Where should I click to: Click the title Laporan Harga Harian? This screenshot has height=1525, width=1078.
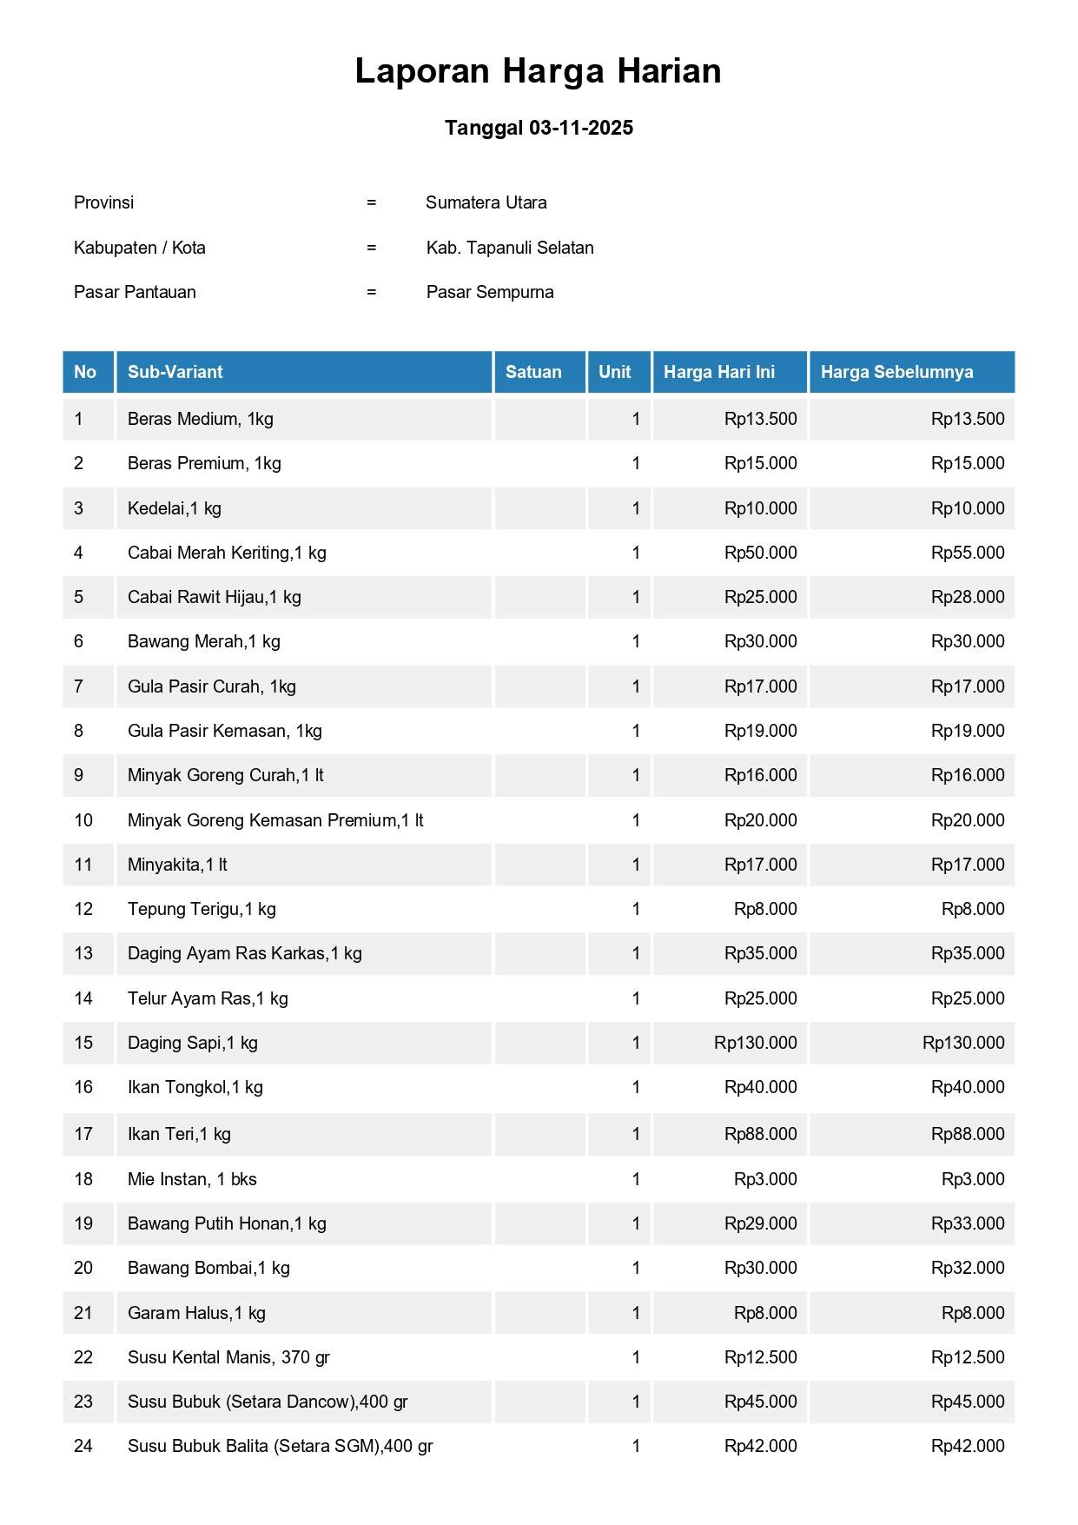pyautogui.click(x=538, y=71)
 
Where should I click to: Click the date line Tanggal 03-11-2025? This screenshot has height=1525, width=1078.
pyautogui.click(x=539, y=128)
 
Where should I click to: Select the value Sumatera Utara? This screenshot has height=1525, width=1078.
pyautogui.click(x=486, y=202)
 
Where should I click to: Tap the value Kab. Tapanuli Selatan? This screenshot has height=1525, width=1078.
pyautogui.click(x=510, y=248)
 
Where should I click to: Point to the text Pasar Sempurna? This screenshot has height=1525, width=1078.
pyautogui.click(x=490, y=292)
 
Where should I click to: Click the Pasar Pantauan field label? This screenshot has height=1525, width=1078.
pyautogui.click(x=135, y=292)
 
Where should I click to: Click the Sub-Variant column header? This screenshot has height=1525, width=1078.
pyautogui.click(x=175, y=372)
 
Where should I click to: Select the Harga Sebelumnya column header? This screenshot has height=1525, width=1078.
pyautogui.click(x=896, y=372)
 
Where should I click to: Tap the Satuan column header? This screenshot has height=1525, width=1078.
pyautogui.click(x=533, y=372)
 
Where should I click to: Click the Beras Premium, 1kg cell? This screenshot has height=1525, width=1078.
pyautogui.click(x=204, y=463)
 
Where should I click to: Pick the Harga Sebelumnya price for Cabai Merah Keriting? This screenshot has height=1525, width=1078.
pyautogui.click(x=967, y=553)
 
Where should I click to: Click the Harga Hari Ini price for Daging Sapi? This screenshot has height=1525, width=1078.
pyautogui.click(x=755, y=1043)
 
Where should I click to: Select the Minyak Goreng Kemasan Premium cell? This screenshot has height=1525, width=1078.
pyautogui.click(x=275, y=820)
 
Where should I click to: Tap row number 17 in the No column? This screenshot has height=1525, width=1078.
pyautogui.click(x=83, y=1134)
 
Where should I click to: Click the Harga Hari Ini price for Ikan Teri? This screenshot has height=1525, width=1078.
pyautogui.click(x=760, y=1134)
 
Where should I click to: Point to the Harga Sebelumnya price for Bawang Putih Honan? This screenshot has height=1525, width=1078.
pyautogui.click(x=967, y=1223)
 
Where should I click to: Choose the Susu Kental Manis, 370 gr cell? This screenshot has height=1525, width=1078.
pyautogui.click(x=228, y=1357)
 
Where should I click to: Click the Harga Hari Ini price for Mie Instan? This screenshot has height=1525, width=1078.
pyautogui.click(x=764, y=1179)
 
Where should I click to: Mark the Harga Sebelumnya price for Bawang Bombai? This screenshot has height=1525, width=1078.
pyautogui.click(x=967, y=1268)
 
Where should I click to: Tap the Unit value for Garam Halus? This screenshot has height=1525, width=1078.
pyautogui.click(x=636, y=1313)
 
